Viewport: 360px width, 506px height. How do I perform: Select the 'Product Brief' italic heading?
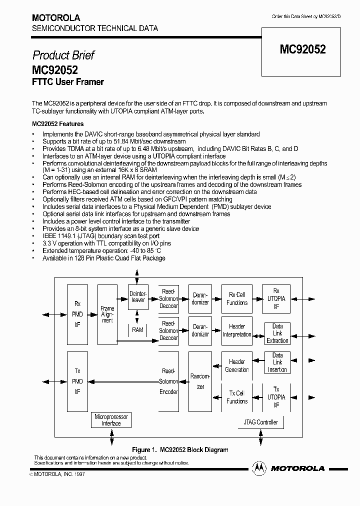[63, 55]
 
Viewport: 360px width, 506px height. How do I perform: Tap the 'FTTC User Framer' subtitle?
[68, 82]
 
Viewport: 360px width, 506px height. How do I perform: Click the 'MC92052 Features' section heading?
[58, 123]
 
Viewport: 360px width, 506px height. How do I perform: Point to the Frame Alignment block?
[107, 314]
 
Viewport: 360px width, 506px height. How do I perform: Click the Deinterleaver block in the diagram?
[138, 296]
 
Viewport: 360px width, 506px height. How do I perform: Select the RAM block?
[138, 330]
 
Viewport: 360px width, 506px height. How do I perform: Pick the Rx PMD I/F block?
[77, 314]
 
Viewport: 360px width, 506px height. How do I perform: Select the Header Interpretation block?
[236, 330]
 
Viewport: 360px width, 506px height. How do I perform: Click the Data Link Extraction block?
[277, 333]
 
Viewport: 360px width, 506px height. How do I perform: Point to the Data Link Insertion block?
[277, 362]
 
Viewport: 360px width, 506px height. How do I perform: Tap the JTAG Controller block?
[260, 422]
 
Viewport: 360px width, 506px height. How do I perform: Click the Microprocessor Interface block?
[111, 420]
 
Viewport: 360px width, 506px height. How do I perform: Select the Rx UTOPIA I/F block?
[276, 298]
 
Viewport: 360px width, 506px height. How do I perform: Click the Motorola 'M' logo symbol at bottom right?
[259, 468]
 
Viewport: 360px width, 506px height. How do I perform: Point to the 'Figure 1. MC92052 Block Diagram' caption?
[179, 449]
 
